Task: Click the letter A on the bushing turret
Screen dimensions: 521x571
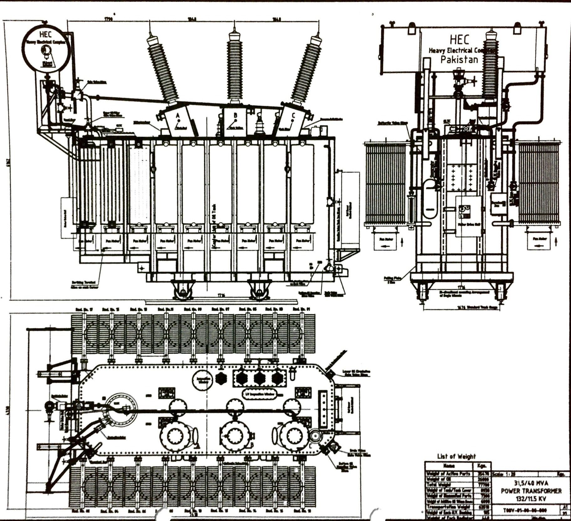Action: pos(178,116)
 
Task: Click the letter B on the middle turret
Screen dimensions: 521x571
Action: pos(235,115)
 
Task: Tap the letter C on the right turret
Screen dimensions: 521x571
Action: pos(293,116)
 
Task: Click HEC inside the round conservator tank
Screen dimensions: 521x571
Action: pos(45,34)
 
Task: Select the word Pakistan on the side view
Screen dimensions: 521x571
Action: pos(459,60)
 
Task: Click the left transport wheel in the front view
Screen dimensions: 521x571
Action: pos(183,292)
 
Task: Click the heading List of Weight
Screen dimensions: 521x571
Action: pos(456,456)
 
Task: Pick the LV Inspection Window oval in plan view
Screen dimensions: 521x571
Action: pos(260,394)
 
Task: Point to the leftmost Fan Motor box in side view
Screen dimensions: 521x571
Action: pos(386,242)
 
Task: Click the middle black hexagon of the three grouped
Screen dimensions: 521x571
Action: pos(259,378)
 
